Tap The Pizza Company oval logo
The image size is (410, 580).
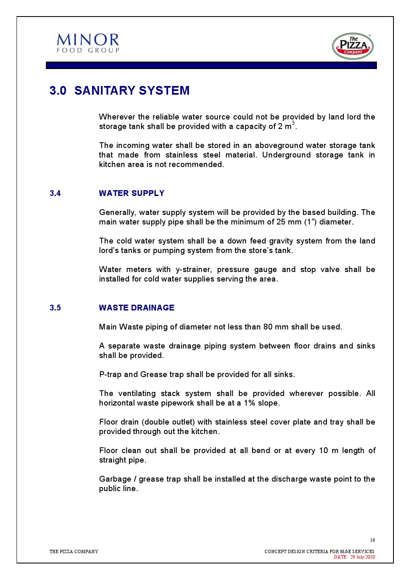[353, 46]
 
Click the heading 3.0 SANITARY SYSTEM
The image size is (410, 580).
[119, 91]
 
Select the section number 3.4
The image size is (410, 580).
[55, 193]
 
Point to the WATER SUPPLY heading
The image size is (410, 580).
[131, 193]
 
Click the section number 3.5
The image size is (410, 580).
[55, 308]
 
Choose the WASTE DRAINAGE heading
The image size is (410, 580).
[136, 308]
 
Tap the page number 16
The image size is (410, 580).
[372, 540]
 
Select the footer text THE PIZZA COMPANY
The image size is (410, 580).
[74, 551]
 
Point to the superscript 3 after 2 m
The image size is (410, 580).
[293, 123]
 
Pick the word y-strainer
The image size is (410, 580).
[193, 270]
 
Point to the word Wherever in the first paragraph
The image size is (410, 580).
[117, 117]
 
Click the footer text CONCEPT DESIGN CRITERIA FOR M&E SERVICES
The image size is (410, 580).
[319, 551]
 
